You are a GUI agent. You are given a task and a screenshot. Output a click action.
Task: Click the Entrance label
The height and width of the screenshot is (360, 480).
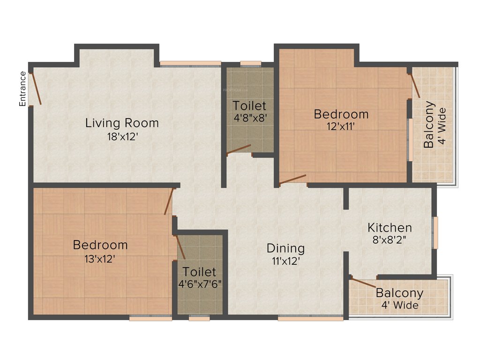tap(22, 89)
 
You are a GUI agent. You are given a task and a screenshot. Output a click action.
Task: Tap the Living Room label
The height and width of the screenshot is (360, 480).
tap(122, 123)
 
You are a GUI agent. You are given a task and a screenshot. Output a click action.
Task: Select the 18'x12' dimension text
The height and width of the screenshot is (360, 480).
tap(122, 136)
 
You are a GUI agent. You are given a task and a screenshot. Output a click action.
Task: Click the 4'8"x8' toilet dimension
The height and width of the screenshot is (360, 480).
tap(250, 118)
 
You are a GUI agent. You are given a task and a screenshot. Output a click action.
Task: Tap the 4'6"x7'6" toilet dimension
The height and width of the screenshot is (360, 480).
tap(200, 284)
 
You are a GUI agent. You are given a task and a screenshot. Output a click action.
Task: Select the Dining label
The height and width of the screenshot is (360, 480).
tap(285, 248)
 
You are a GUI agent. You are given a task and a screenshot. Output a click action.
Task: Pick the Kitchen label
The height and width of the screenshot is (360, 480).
tap(390, 228)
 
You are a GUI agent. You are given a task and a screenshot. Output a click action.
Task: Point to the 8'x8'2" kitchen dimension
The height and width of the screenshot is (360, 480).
tap(390, 240)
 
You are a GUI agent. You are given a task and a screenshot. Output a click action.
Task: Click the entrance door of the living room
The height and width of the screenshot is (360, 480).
tap(36, 89)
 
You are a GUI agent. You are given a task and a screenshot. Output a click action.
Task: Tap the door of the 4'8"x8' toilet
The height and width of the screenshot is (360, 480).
tap(239, 150)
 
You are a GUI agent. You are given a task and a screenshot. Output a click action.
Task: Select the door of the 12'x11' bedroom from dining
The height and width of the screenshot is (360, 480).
tap(293, 180)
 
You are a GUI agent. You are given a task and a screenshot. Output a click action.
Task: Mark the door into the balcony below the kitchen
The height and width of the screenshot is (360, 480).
tap(363, 282)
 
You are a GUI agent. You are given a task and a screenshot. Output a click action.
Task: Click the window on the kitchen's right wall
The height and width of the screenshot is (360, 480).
tap(435, 232)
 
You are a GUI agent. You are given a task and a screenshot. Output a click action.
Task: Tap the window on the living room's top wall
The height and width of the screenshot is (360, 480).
tap(190, 63)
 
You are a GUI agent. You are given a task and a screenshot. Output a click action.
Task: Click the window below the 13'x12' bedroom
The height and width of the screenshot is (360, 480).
tap(150, 318)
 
